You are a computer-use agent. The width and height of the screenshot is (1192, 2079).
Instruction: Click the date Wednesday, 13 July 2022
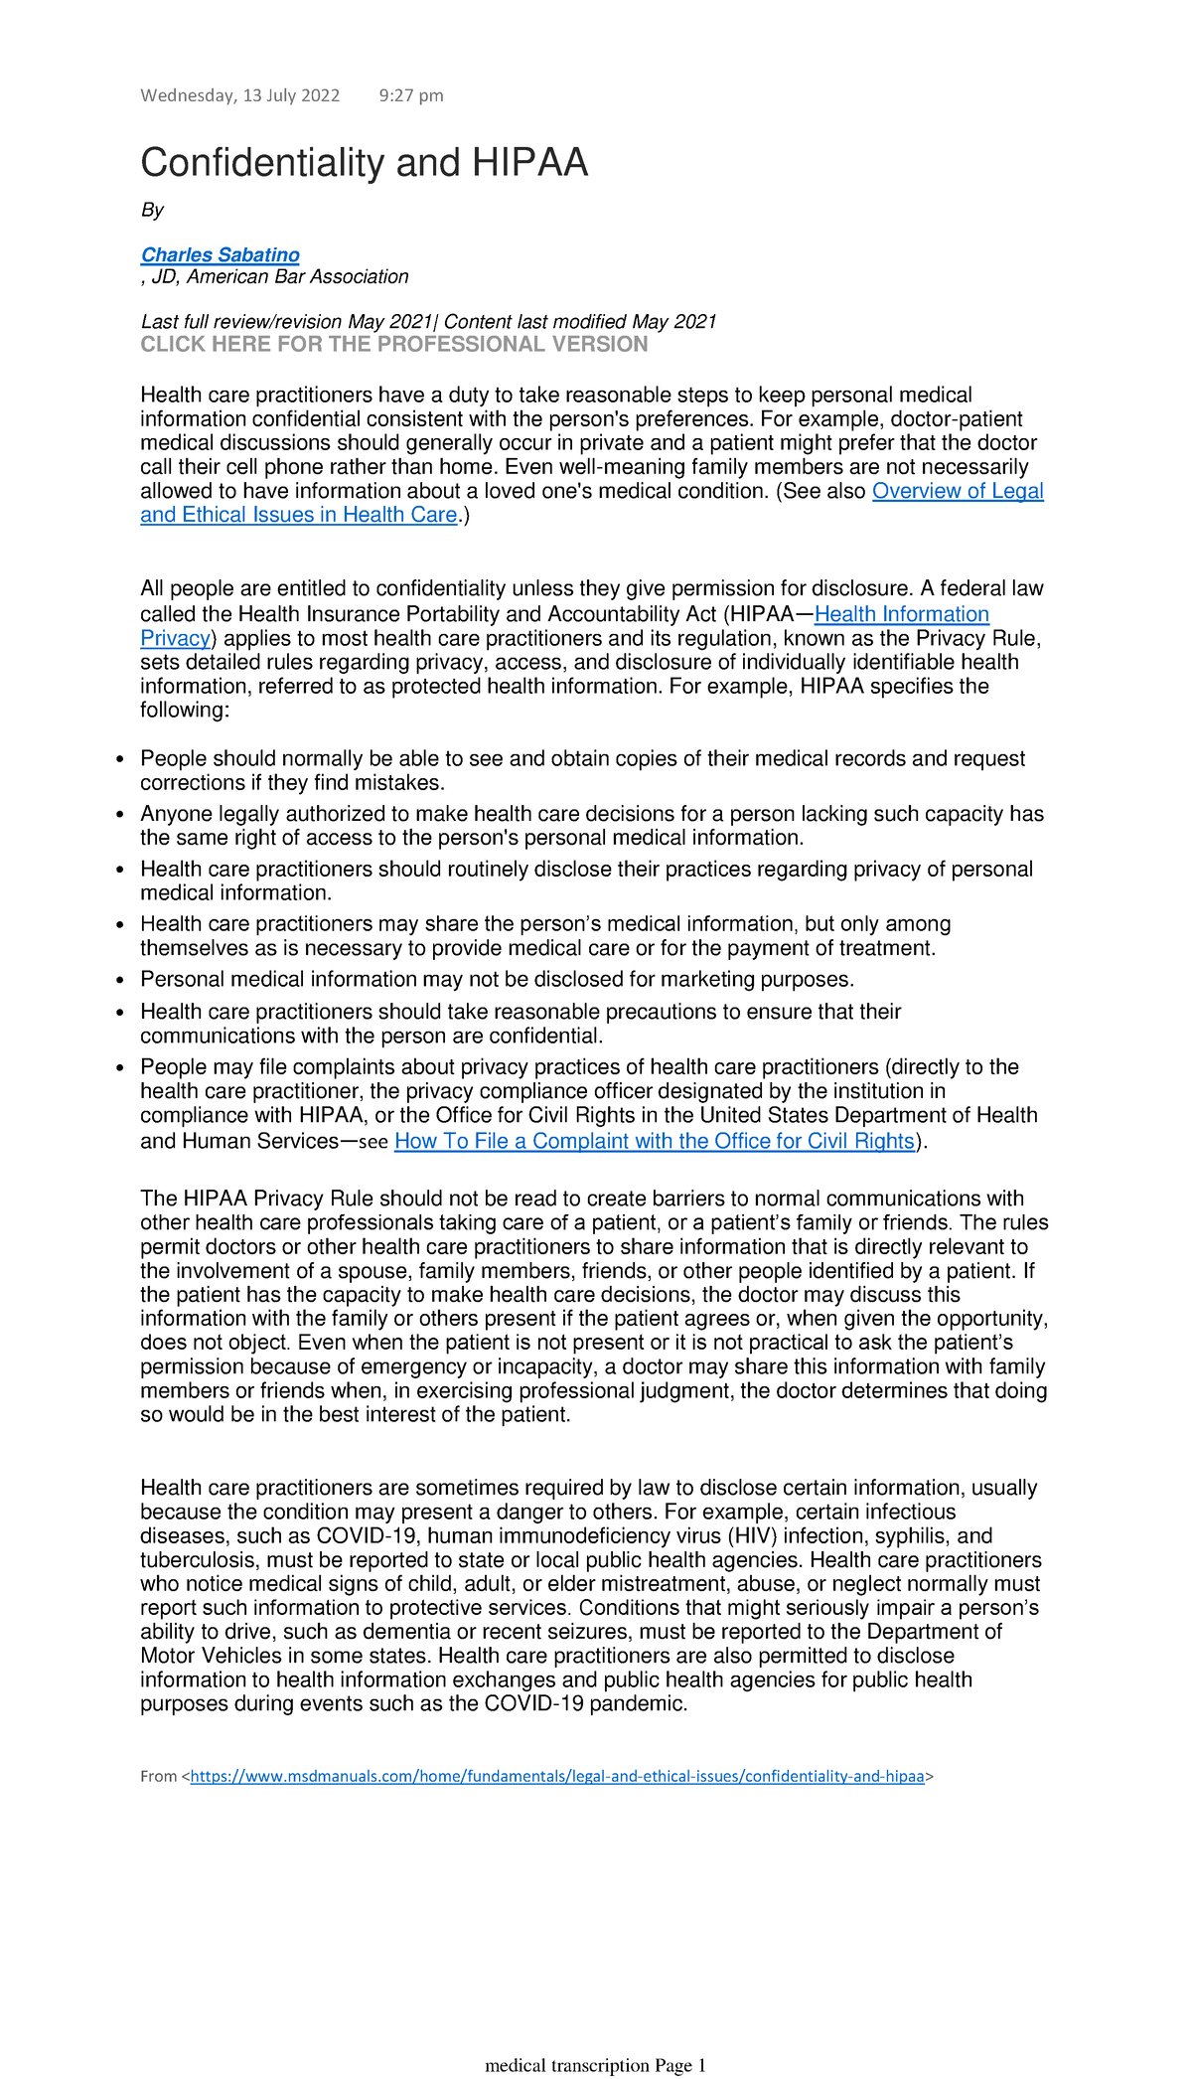(239, 95)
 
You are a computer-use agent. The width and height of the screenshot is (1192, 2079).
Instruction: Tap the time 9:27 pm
(411, 95)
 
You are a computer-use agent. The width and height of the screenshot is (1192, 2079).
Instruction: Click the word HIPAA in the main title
(529, 163)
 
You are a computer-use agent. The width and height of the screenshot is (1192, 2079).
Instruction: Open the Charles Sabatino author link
(220, 254)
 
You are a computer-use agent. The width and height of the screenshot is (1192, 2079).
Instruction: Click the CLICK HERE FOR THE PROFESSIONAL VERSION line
(393, 345)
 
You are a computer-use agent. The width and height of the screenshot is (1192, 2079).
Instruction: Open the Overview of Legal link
(958, 491)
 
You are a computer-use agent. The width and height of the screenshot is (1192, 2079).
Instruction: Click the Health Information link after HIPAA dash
(901, 614)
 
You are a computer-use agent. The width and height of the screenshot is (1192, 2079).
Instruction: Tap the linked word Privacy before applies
(175, 638)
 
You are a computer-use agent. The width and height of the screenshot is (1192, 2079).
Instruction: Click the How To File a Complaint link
(654, 1141)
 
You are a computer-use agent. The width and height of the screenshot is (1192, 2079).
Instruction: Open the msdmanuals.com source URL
(556, 1776)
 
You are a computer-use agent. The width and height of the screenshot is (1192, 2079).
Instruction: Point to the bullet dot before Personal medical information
(120, 981)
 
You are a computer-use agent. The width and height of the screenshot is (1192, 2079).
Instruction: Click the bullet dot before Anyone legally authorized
(120, 815)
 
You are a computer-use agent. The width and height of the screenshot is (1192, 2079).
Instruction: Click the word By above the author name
(152, 210)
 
